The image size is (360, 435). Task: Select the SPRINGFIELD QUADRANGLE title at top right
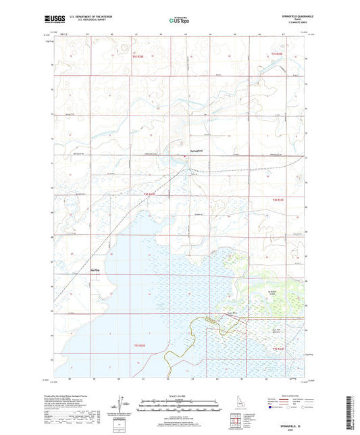coord(292,15)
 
